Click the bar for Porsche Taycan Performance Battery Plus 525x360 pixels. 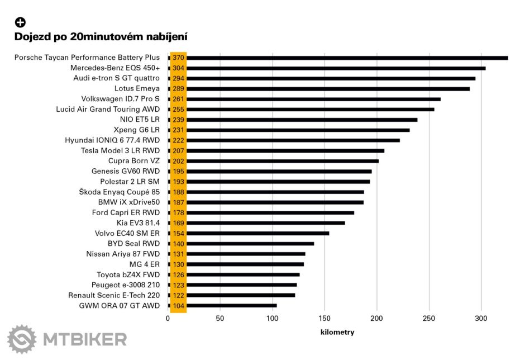click(346, 58)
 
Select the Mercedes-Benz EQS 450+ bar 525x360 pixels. click(335, 68)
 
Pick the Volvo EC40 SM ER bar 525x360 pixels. click(257, 233)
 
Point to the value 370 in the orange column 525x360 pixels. click(178, 58)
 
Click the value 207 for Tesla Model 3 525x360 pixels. click(178, 151)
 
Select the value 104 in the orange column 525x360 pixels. click(178, 306)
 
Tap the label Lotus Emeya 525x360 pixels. click(137, 88)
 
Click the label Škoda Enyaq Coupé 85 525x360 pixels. click(120, 192)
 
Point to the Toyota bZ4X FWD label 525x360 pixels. click(128, 274)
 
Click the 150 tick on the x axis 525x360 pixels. click(324, 319)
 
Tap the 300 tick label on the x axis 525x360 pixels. click(481, 319)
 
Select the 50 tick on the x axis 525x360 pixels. click(220, 319)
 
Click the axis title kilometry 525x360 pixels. click(337, 332)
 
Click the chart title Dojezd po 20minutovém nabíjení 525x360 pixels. click(101, 37)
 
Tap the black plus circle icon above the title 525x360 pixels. click(20, 22)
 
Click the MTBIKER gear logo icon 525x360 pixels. click(21, 339)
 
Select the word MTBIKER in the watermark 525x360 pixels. click(85, 339)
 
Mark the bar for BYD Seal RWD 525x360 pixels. click(251, 244)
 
